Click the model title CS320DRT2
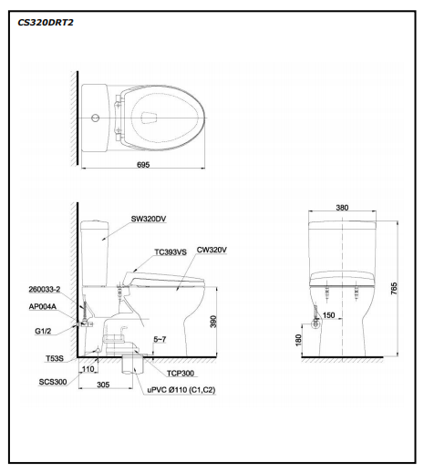[46, 23]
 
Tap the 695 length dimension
[143, 165]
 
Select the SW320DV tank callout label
[149, 219]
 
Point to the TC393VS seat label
[171, 252]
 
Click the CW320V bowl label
[212, 250]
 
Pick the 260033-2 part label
[45, 289]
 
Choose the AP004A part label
[43, 306]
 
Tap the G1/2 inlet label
[43, 331]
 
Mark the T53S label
[55, 358]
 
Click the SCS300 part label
[53, 382]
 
